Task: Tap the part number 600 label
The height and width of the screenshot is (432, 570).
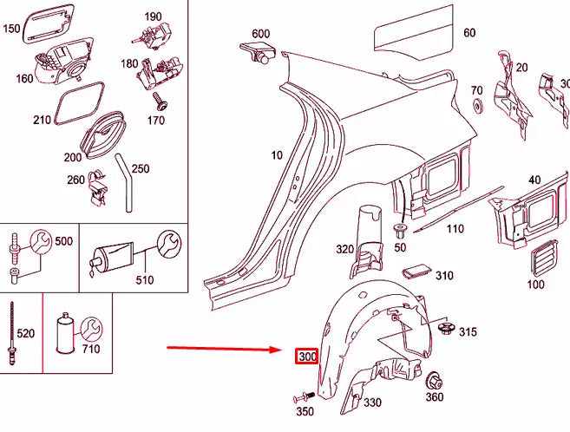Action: [x=260, y=34]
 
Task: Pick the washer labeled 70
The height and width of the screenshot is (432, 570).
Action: [x=477, y=107]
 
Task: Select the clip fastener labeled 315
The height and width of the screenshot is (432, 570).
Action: [x=449, y=328]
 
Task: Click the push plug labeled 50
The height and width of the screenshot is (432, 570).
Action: [x=400, y=232]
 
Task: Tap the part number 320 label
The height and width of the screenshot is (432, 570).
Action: [x=344, y=249]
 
